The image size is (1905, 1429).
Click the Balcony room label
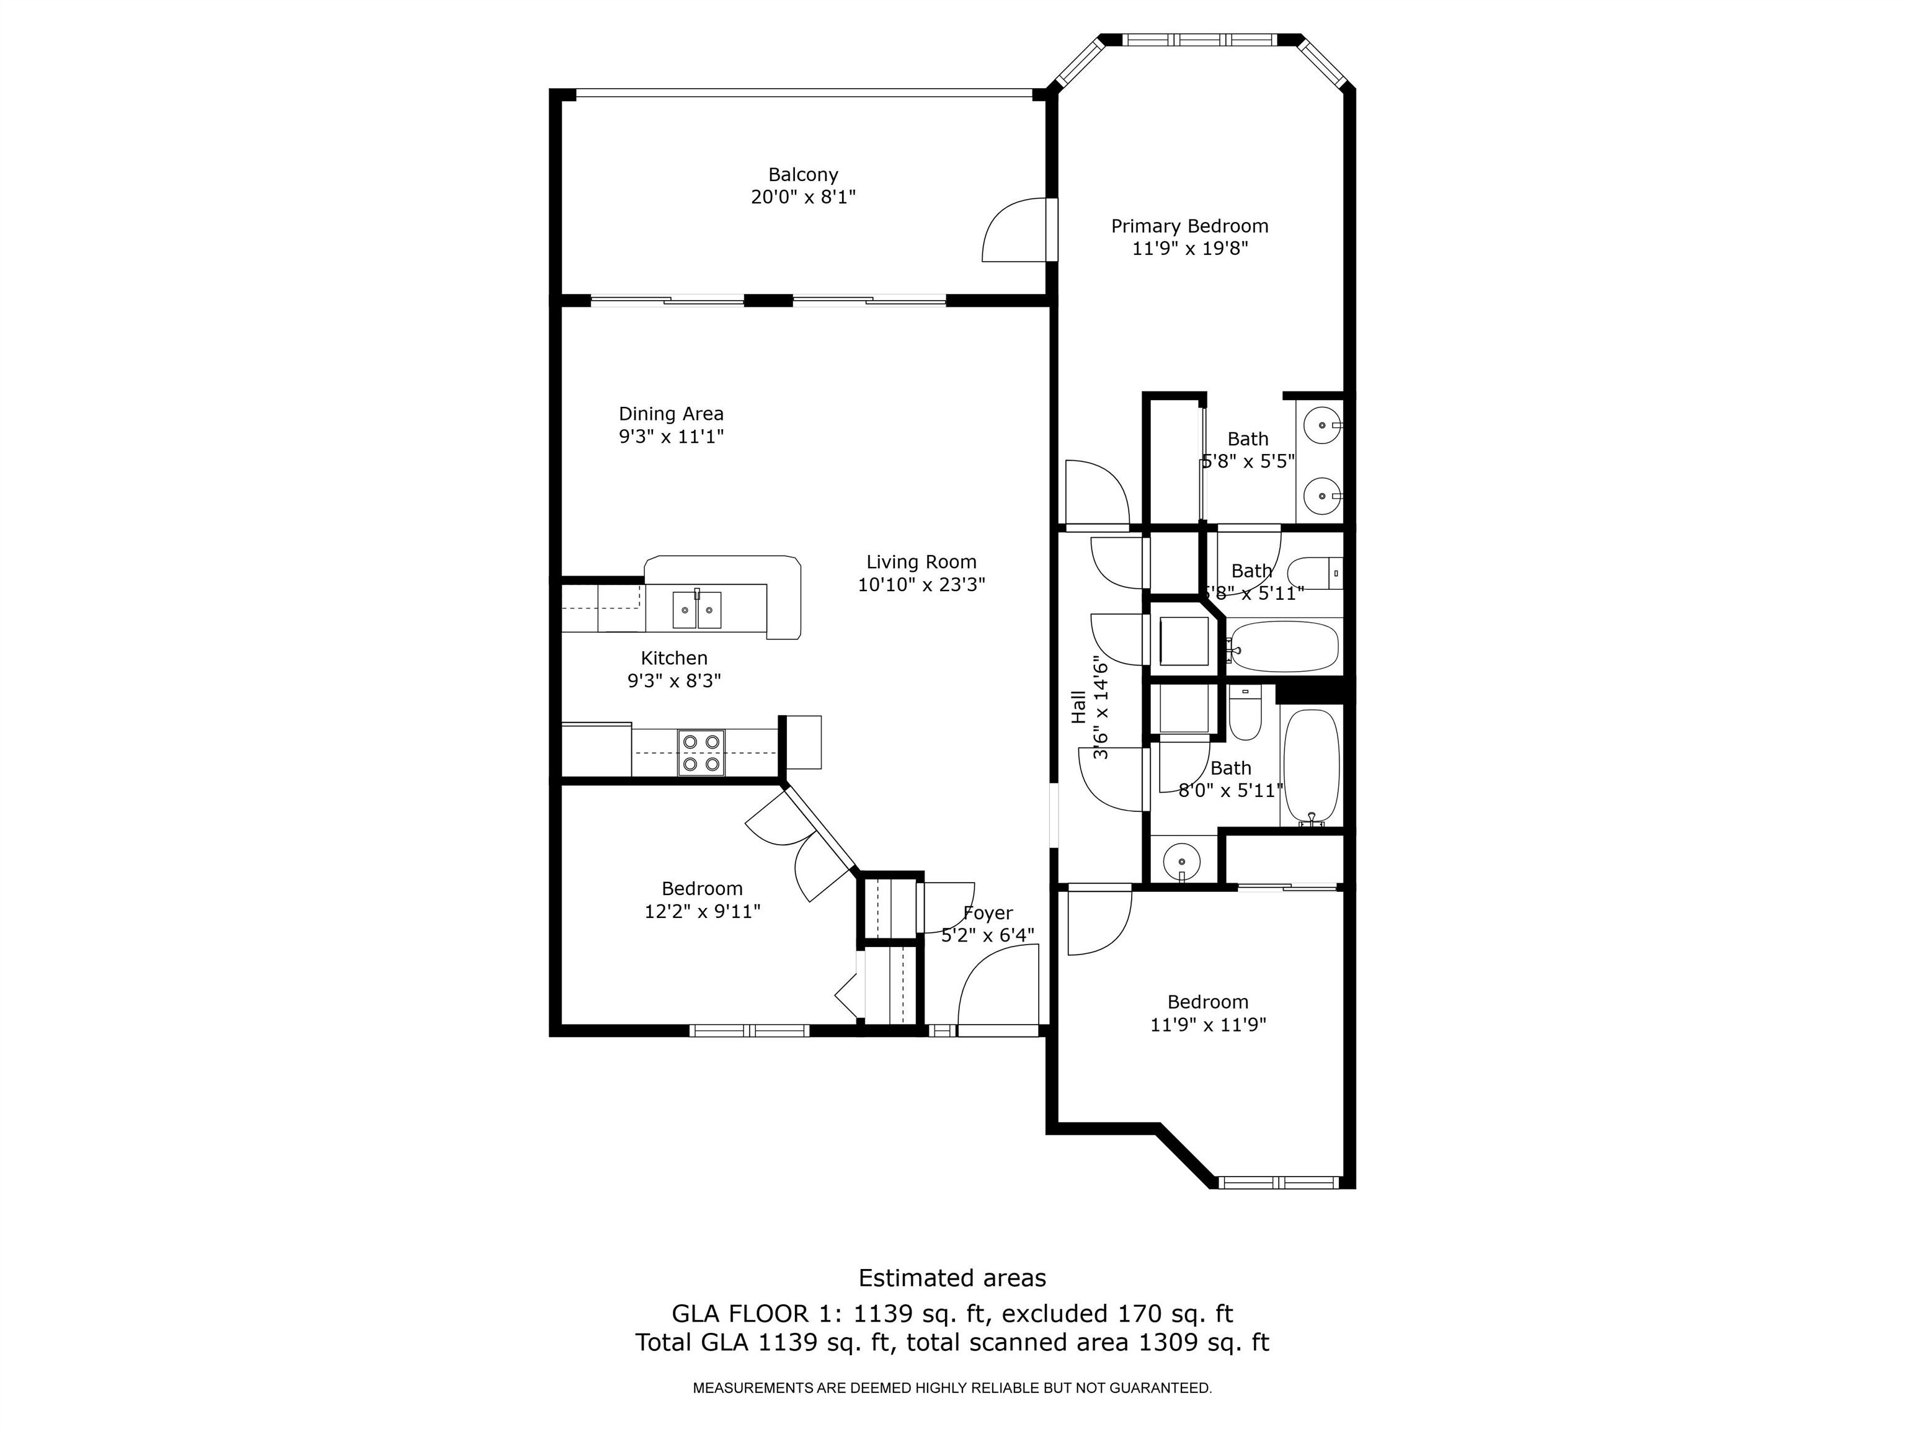[x=802, y=175]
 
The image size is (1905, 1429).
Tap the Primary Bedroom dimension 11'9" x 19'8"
[x=1189, y=249]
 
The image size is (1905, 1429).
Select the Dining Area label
[x=671, y=414]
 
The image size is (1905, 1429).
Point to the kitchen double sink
[x=697, y=610]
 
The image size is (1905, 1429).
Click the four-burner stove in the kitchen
[x=700, y=752]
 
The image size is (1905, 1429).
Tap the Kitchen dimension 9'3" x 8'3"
[x=673, y=680]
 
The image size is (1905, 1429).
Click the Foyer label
[x=987, y=913]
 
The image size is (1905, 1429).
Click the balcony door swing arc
[x=1016, y=230]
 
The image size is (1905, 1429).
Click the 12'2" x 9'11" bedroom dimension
[x=702, y=911]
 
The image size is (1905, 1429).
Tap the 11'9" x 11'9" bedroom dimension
[x=1207, y=1025]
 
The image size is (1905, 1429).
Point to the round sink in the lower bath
[x=1181, y=860]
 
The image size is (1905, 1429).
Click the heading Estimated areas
[x=952, y=1278]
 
